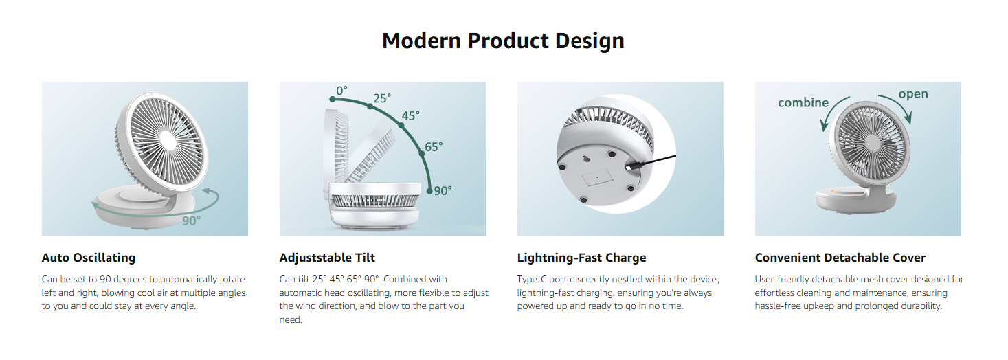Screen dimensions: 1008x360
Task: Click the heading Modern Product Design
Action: (503, 41)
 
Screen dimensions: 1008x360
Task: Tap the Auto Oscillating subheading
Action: (88, 258)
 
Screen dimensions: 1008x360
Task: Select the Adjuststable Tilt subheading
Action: (326, 258)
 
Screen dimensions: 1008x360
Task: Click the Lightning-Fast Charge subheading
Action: (581, 258)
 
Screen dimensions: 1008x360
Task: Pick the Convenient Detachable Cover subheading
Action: (840, 258)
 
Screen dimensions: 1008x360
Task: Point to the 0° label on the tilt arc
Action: (341, 91)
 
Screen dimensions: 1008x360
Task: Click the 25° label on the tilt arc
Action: (381, 98)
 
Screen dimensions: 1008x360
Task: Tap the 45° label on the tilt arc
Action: (410, 115)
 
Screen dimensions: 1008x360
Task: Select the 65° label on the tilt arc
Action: (434, 147)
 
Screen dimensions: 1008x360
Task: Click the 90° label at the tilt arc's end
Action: (443, 191)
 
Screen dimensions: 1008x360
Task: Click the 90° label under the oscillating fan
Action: (191, 221)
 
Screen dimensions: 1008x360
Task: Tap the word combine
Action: (803, 102)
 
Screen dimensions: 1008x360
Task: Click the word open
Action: (913, 94)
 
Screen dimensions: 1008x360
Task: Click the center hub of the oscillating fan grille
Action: (167, 139)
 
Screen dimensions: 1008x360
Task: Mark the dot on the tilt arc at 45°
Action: (401, 125)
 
